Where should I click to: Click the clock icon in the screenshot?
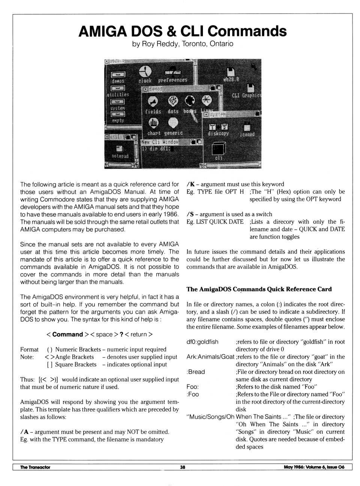(x=145, y=71)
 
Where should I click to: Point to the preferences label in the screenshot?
(x=172, y=80)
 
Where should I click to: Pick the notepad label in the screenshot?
(x=120, y=156)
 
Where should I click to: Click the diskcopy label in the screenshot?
(x=218, y=133)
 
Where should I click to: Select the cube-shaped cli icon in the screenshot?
(x=219, y=148)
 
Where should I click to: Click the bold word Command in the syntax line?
(x=67, y=334)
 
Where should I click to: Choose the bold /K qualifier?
(x=190, y=184)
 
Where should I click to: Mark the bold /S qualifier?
(x=190, y=214)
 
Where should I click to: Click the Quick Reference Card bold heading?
(x=259, y=289)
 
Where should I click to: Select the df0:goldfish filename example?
(x=202, y=342)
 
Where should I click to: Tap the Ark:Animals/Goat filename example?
(x=210, y=357)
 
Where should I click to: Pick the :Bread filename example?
(x=196, y=372)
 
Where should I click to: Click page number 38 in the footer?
(x=183, y=467)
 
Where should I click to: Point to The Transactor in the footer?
(x=35, y=467)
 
